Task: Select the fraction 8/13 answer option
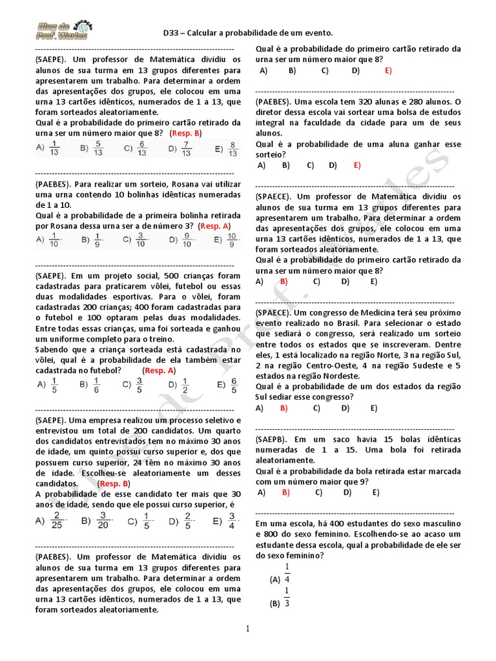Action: tap(233, 149)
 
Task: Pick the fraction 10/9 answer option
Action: tap(232, 241)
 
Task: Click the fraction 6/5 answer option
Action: tap(234, 385)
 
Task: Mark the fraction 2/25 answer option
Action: tap(57, 520)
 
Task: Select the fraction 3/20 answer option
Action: tap(102, 520)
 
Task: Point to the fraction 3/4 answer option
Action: tap(231, 520)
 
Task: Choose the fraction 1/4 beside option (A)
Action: tap(287, 573)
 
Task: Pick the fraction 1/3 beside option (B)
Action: tap(287, 597)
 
